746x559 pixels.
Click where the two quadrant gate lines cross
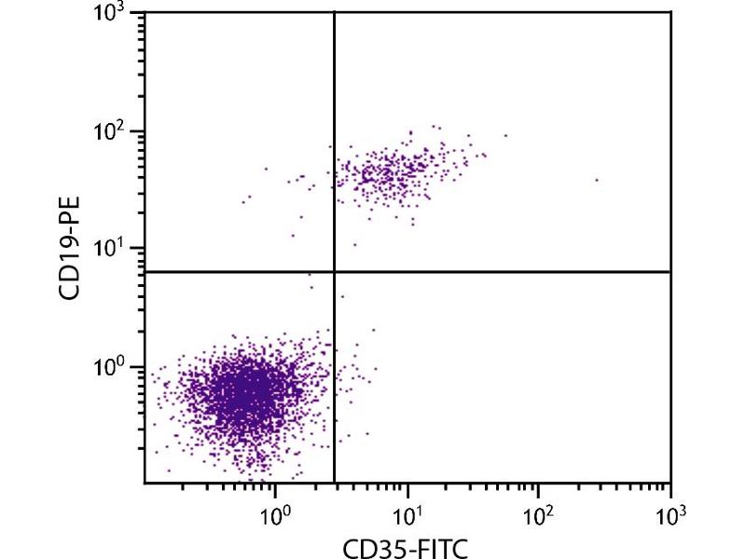333,272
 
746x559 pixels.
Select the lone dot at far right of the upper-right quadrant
597,180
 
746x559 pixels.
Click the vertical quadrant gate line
333,140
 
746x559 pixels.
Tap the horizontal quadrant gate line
504,272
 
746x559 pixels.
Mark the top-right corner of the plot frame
670,12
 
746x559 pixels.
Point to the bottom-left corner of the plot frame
145,483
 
